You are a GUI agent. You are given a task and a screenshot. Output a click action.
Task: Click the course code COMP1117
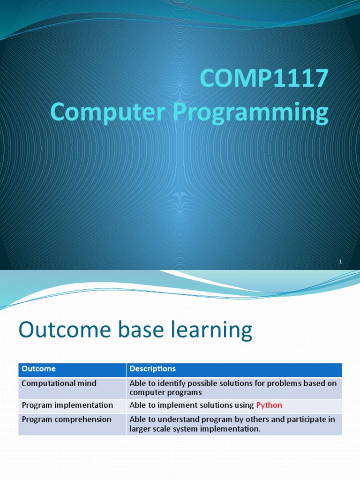[263, 78]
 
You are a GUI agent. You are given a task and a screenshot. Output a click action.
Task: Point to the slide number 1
[341, 262]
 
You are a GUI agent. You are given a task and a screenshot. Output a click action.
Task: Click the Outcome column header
[38, 369]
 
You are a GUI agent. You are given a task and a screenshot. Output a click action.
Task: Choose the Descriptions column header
[152, 369]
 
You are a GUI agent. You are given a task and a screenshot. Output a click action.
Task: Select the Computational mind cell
[59, 383]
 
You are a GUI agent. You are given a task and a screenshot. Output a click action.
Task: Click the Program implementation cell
[67, 405]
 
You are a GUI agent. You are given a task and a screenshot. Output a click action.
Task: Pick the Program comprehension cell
[67, 419]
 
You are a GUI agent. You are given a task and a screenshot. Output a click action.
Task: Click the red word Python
[269, 405]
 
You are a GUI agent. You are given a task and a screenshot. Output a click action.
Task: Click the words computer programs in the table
[165, 392]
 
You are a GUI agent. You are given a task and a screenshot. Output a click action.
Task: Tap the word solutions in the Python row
[212, 405]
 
